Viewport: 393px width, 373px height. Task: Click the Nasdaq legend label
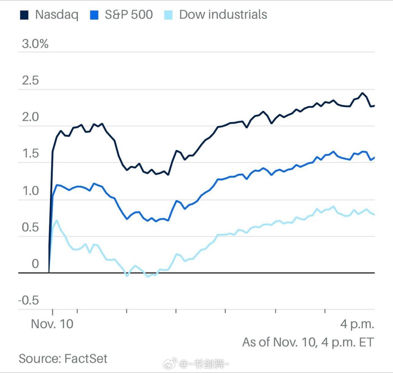[57, 15]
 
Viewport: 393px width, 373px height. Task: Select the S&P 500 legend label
[129, 15]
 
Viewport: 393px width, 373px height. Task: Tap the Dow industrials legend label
[223, 15]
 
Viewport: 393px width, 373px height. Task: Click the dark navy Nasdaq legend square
[24, 15]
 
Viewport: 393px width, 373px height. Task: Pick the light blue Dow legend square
[168, 15]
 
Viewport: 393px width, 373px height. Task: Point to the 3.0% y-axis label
[35, 44]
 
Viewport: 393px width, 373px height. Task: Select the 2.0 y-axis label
[30, 117]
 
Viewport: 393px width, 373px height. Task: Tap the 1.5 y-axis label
[30, 154]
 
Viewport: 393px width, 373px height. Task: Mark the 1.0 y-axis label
[30, 191]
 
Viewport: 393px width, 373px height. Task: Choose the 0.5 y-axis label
[30, 227]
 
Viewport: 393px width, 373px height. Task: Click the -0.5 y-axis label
[29, 300]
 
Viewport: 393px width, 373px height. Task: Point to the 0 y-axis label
[35, 264]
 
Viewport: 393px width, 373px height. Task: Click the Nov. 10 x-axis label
[52, 324]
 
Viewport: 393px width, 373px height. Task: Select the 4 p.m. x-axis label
[357, 324]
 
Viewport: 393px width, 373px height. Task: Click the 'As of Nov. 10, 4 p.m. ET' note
[308, 342]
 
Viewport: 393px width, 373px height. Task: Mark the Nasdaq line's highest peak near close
[362, 93]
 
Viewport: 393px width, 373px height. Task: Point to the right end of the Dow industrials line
[374, 214]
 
